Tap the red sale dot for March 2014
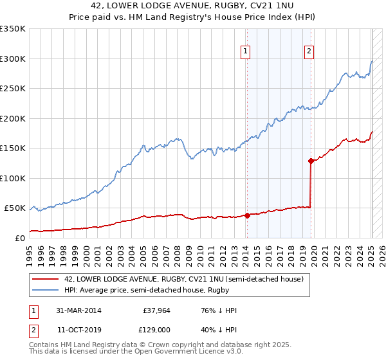pos(247,215)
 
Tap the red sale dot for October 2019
pos(311,161)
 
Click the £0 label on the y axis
pos(19,238)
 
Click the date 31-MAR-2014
pos(78,310)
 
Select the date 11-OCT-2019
pos(78,330)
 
